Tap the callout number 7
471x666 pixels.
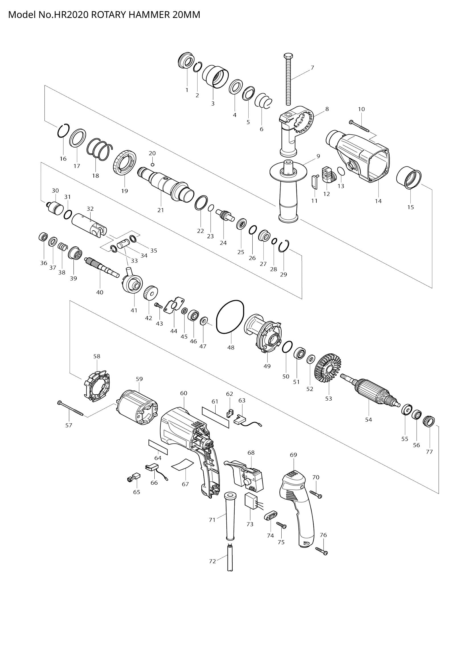click(312, 68)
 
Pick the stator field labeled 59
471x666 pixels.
click(137, 407)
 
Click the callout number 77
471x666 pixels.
click(429, 452)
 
